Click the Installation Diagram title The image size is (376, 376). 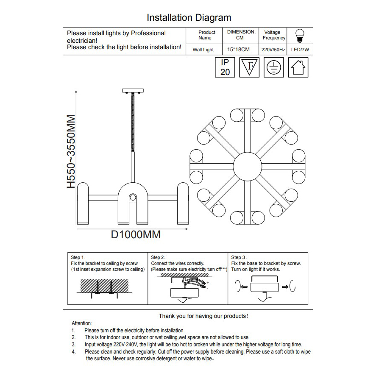[x=189, y=17]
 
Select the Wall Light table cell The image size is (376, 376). [x=203, y=50]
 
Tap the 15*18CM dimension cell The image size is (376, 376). [x=238, y=50]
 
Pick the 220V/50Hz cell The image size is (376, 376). [x=273, y=50]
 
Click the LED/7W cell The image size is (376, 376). [x=300, y=50]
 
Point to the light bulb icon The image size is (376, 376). [x=300, y=35]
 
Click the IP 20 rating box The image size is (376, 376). [x=225, y=67]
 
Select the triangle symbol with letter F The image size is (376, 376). [x=250, y=67]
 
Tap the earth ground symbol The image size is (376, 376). [x=274, y=67]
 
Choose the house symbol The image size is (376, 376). [x=298, y=67]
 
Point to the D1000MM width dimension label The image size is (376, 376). [x=136, y=234]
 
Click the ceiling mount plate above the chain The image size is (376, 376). [x=133, y=91]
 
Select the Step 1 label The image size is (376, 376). [x=78, y=257]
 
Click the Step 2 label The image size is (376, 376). [x=158, y=257]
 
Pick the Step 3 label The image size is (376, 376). [x=239, y=257]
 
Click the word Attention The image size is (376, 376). [x=82, y=323]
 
